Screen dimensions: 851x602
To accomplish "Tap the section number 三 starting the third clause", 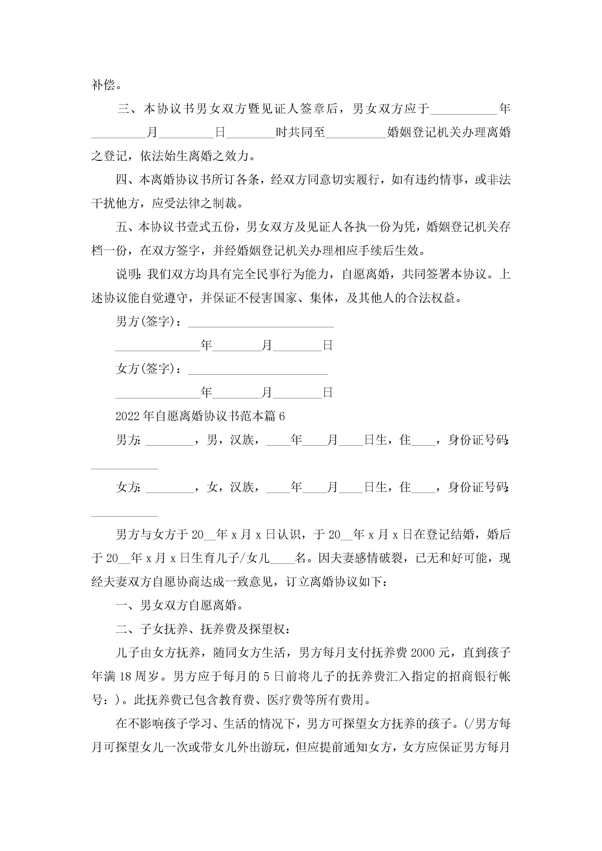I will point(124,109).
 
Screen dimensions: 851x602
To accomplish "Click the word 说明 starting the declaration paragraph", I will point(127,274).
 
